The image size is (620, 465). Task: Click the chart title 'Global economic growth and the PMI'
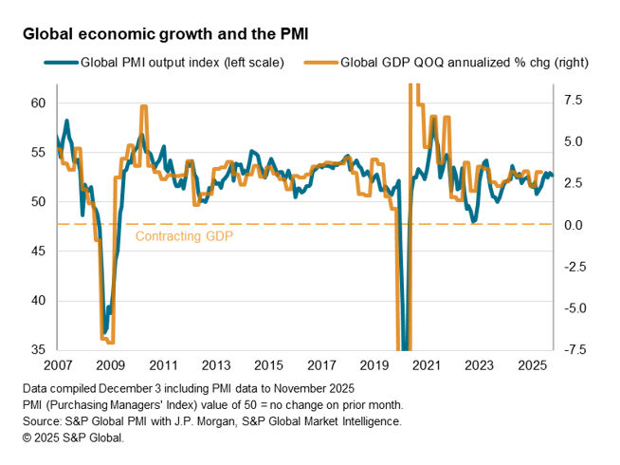pos(166,33)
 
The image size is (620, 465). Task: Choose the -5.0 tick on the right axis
pos(572,308)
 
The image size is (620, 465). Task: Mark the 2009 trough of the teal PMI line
pos(104,332)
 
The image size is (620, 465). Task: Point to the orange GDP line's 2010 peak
pos(144,106)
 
